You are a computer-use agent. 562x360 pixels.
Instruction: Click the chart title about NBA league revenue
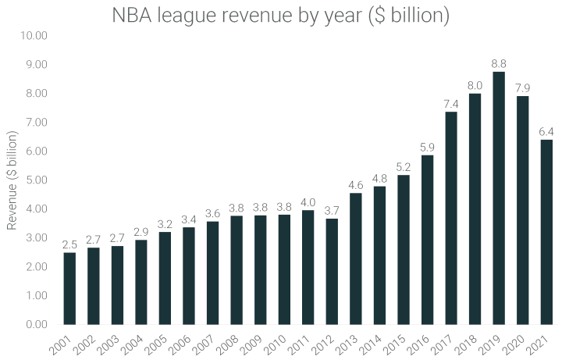(281, 16)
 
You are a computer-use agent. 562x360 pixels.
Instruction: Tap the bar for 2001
(70, 288)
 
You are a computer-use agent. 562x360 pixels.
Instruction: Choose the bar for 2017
(451, 218)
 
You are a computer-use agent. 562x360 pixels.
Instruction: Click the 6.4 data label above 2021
(546, 131)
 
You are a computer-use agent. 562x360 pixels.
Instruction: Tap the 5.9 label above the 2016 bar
(427, 146)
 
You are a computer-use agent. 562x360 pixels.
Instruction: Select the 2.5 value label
(70, 244)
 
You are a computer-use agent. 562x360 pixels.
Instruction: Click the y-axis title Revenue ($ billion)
(12, 180)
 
